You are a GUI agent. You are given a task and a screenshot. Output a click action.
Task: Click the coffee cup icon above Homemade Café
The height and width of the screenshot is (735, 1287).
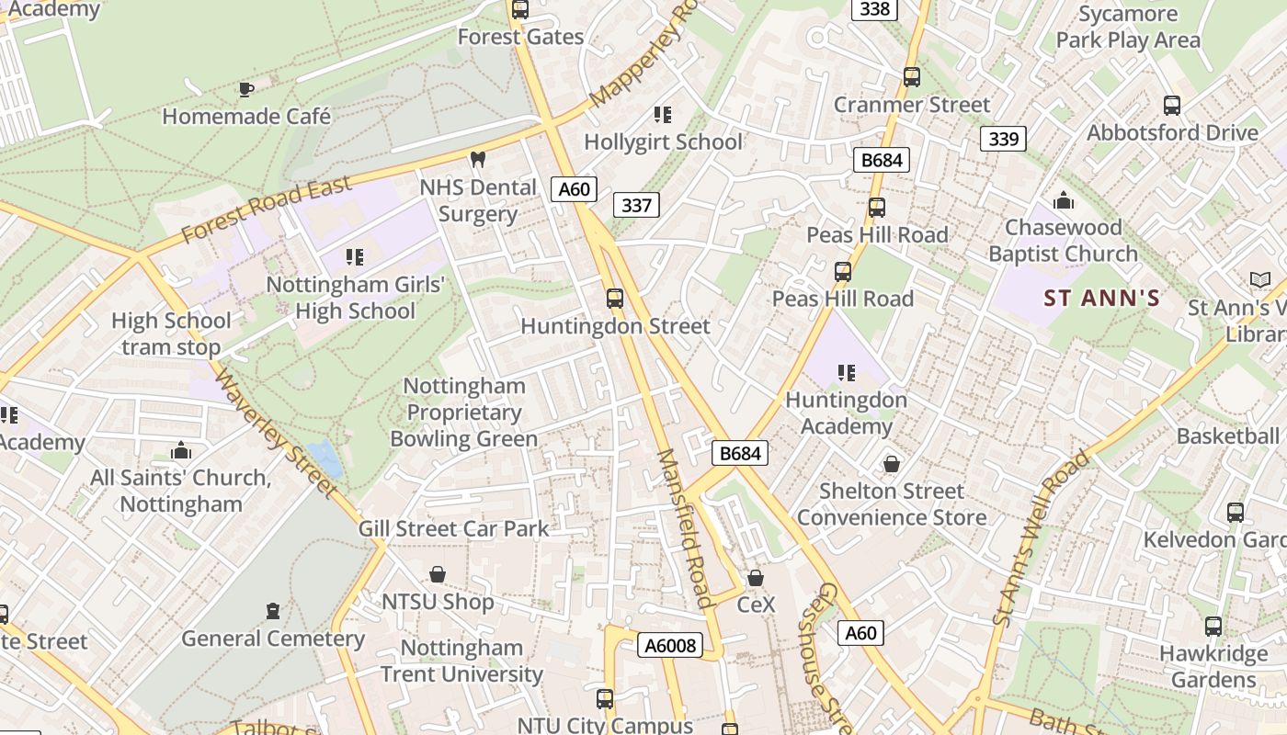(x=245, y=89)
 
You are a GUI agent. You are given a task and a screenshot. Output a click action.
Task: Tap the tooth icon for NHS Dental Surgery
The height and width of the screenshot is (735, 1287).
(x=477, y=159)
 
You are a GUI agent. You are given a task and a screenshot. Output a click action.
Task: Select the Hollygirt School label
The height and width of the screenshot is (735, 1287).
(x=663, y=142)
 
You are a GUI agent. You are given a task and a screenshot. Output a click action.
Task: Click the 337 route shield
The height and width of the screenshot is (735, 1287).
(x=636, y=205)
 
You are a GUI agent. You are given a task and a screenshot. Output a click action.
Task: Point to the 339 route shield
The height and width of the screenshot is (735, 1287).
(x=1003, y=139)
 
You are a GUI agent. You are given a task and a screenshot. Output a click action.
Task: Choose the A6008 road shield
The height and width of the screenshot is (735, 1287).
(x=669, y=646)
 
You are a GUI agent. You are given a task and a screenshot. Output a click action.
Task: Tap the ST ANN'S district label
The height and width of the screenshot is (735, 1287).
(x=1101, y=299)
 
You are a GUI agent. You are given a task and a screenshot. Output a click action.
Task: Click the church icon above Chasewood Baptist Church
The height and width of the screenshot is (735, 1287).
(x=1064, y=200)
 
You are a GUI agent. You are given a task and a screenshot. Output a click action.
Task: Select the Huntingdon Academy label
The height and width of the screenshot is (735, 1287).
(x=846, y=413)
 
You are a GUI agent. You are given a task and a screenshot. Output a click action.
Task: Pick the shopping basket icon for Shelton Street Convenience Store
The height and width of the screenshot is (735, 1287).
(x=891, y=464)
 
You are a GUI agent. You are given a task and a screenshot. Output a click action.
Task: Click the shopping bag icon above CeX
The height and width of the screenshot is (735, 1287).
(x=756, y=578)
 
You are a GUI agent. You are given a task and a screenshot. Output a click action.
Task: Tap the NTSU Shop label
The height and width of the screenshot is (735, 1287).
(x=438, y=602)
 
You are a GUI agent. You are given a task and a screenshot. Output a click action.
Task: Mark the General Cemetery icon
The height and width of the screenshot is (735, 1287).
(x=272, y=611)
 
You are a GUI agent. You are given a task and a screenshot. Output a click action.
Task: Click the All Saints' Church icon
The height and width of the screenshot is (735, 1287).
(x=181, y=451)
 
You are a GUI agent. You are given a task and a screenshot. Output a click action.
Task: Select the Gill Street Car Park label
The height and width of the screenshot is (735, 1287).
(x=453, y=529)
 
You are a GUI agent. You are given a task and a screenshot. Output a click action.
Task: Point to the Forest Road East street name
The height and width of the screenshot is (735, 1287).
(x=266, y=210)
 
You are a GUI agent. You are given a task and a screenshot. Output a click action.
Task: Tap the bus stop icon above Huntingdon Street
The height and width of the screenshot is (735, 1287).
(x=615, y=299)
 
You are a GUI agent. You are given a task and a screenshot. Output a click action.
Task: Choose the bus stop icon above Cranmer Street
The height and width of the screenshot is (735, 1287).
(x=911, y=77)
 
